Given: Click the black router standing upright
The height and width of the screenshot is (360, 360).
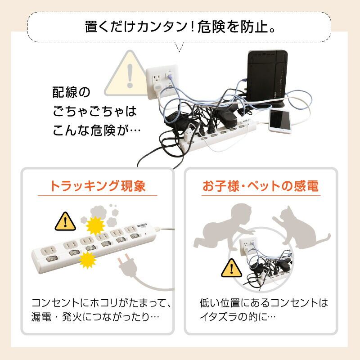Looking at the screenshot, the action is [267, 78].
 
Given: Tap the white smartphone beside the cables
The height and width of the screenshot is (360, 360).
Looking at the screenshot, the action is [280, 121].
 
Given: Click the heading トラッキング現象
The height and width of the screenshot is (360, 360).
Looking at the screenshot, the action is [98, 186].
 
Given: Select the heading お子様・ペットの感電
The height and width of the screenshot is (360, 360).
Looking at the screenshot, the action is [261, 186].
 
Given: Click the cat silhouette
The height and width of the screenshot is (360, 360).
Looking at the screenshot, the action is [301, 226].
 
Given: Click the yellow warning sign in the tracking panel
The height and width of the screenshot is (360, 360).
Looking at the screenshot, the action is [65, 221].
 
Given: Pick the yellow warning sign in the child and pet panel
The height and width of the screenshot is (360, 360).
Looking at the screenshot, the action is [231, 268].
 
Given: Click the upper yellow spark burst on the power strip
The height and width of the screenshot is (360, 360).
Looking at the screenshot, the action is [95, 225].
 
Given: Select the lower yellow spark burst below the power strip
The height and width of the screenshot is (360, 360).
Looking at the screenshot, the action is [87, 260].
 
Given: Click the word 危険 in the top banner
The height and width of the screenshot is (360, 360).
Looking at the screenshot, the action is [211, 27].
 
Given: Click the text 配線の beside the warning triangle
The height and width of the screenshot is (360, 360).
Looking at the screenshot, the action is [71, 92].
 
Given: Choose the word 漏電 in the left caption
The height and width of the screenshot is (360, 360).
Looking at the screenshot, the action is [41, 317].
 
